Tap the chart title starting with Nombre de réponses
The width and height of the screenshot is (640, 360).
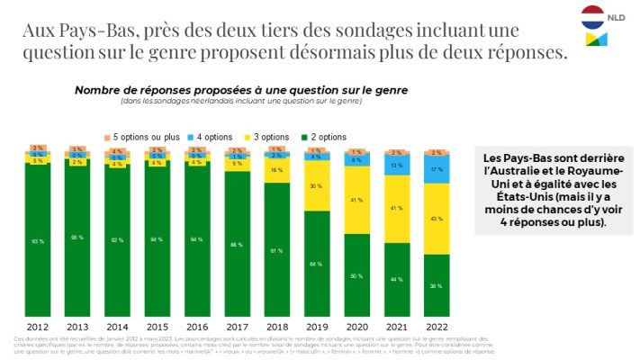(240, 90)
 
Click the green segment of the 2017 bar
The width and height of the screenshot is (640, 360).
(238, 243)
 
